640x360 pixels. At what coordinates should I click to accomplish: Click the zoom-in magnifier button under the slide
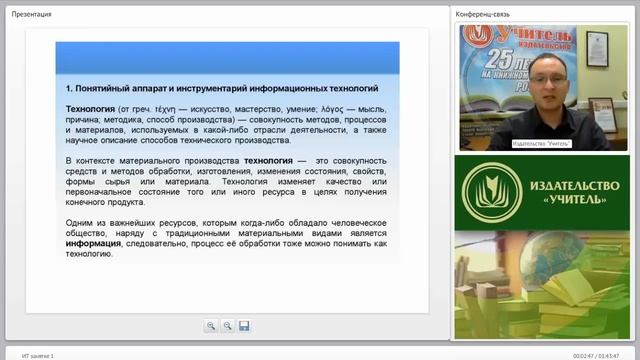pos(211,326)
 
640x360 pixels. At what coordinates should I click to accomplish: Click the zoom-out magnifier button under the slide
pos(227,326)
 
